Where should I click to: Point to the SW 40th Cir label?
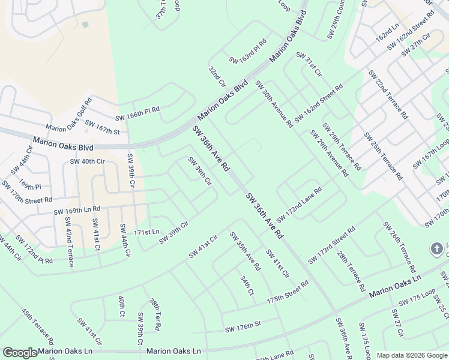tap(87, 161)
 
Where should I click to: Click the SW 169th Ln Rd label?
tap(76, 211)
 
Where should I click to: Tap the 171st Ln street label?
tap(146, 232)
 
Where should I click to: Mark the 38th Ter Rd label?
tap(155, 314)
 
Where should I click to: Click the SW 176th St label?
tap(243, 327)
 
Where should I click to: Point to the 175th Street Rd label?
tap(287, 296)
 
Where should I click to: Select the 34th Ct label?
tap(246, 285)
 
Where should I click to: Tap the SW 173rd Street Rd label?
tap(331, 245)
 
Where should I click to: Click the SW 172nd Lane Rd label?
tap(299, 205)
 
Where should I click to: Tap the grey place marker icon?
tap(438, 248)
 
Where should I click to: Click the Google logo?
tap(20, 353)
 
